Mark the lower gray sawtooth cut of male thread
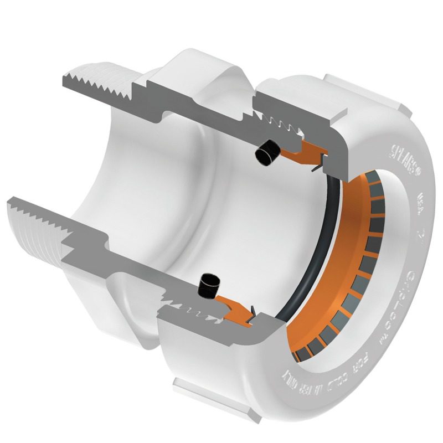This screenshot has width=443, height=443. (x=39, y=213)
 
